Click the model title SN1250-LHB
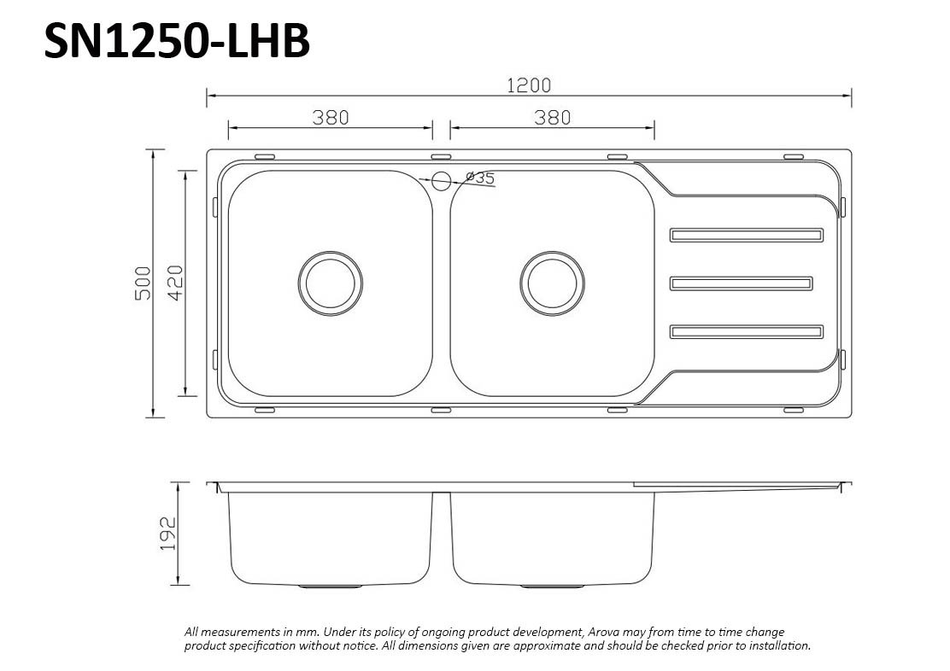[x=176, y=40]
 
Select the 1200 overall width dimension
[x=529, y=85]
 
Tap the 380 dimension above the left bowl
[x=331, y=118]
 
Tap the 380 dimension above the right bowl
[x=552, y=118]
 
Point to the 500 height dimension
[x=143, y=283]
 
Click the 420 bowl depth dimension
[x=175, y=283]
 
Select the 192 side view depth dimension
[x=167, y=534]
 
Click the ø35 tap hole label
[x=480, y=178]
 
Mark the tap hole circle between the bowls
[x=442, y=180]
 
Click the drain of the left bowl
[x=331, y=283]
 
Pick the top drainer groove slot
[x=747, y=235]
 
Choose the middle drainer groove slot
[x=741, y=283]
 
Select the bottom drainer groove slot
[x=747, y=332]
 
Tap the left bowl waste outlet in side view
[x=331, y=586]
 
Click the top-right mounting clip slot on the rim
[x=794, y=157]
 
